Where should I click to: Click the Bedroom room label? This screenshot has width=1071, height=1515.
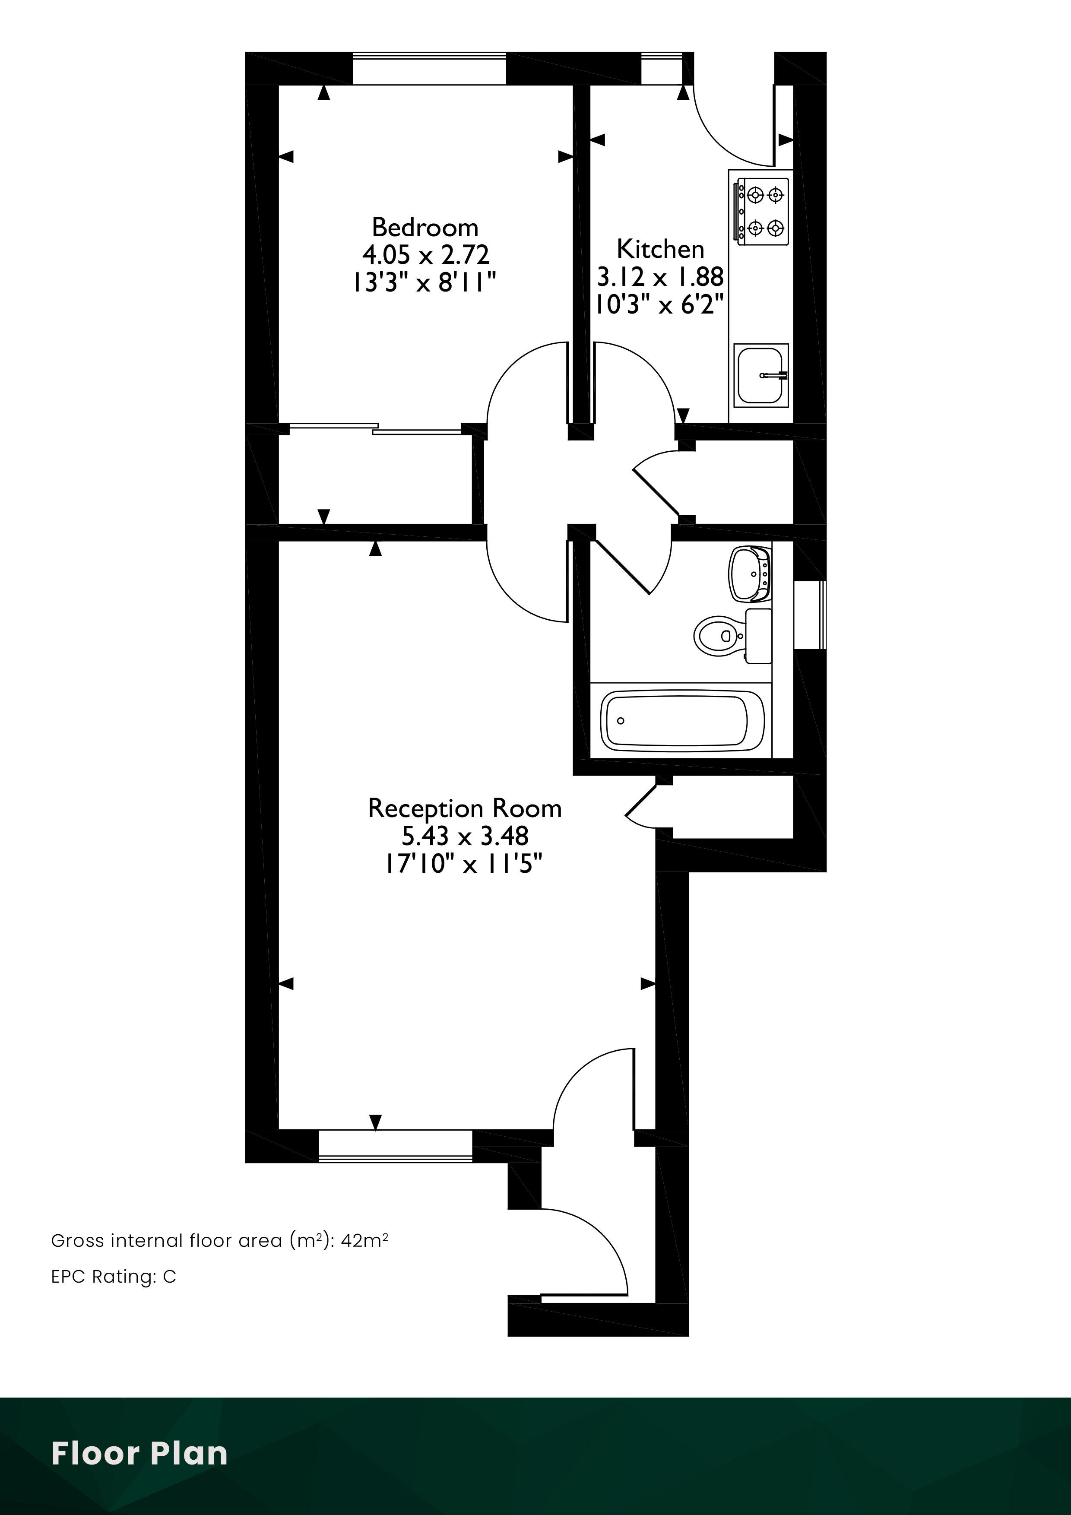click(425, 227)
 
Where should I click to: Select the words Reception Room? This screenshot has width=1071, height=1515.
click(465, 809)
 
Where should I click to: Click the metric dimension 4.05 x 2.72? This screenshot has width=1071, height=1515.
click(426, 255)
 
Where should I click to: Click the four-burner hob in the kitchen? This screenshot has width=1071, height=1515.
click(763, 212)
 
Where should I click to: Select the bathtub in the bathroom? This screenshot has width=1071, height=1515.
click(682, 720)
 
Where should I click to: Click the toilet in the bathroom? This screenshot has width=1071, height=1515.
click(732, 635)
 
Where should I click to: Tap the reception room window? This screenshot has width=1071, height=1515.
click(395, 1146)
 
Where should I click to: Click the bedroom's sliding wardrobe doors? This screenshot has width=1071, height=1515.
click(375, 429)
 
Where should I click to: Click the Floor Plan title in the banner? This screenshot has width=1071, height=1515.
click(139, 1454)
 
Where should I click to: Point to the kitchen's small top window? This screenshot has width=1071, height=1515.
click(662, 69)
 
